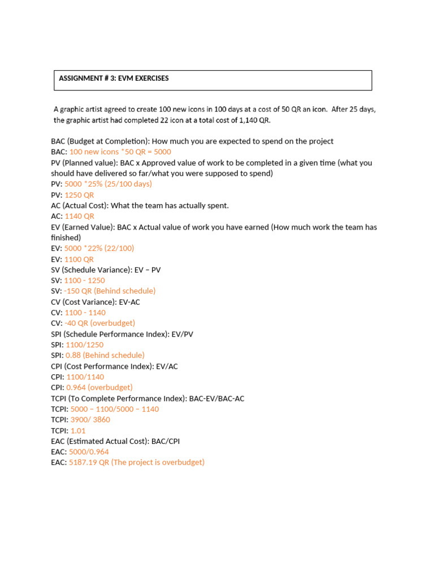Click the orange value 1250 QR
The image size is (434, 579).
(x=79, y=195)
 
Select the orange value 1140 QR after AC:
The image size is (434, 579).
(x=79, y=217)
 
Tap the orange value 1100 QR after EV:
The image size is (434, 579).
(x=79, y=260)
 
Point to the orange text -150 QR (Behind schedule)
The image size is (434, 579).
(x=110, y=291)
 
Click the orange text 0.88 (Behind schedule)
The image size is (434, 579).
(x=105, y=356)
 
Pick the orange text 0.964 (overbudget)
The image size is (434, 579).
(x=99, y=388)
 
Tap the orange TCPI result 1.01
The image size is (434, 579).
(x=78, y=431)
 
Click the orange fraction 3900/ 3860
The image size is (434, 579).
(x=90, y=420)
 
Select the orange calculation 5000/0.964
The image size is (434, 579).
(x=89, y=452)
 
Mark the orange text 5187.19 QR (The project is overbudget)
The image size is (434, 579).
(x=136, y=463)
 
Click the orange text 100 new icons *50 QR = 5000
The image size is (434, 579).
(x=120, y=152)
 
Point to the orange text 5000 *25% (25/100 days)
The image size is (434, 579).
(x=108, y=184)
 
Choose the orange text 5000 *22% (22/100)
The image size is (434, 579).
(x=99, y=249)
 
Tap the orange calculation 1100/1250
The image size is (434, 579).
(x=85, y=345)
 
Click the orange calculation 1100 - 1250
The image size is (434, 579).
(x=84, y=280)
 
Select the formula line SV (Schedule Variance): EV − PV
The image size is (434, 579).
(x=106, y=270)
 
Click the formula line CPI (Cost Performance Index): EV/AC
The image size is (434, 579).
(x=114, y=366)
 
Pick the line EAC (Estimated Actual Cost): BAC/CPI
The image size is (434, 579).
(x=115, y=442)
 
